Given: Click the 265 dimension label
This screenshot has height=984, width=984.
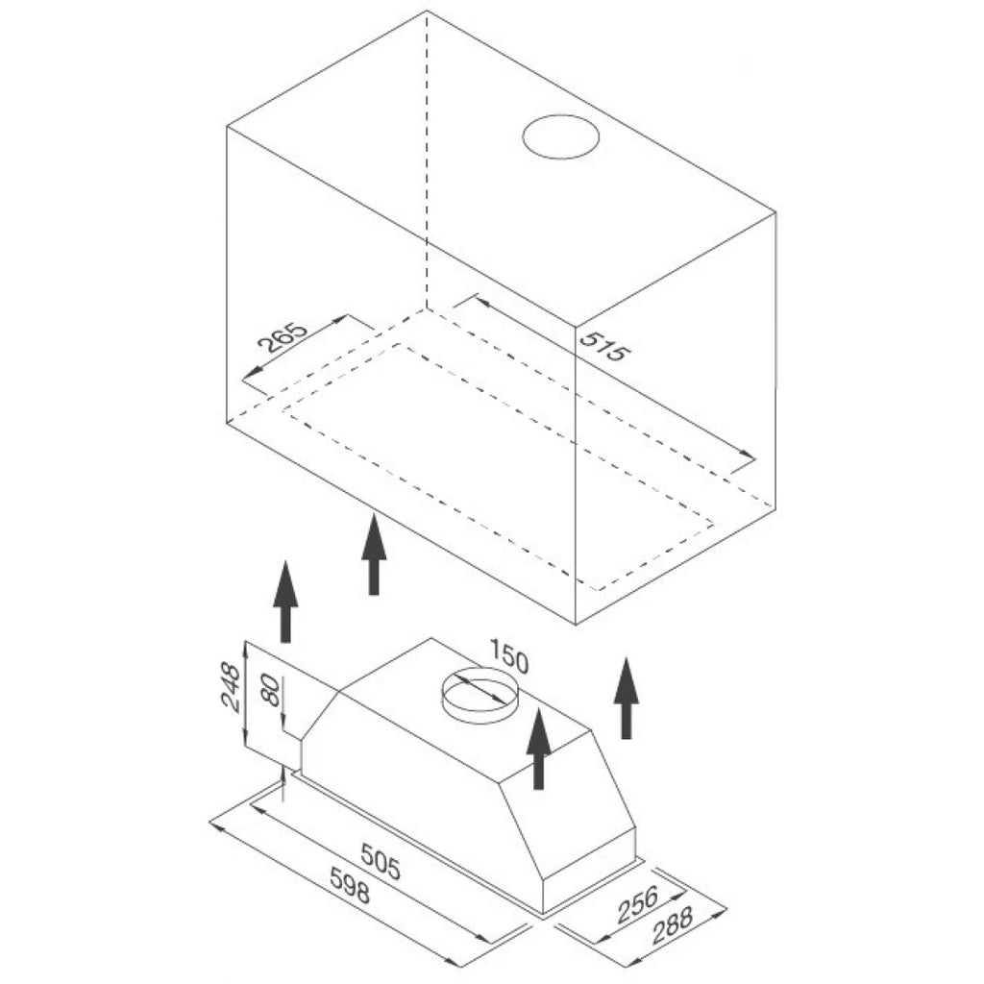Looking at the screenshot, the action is click(x=283, y=337).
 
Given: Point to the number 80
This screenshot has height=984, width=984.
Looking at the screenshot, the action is click(x=270, y=690).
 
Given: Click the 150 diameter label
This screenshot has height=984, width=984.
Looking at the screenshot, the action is click(x=508, y=654).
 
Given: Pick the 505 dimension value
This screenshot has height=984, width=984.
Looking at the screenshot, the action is click(x=381, y=861).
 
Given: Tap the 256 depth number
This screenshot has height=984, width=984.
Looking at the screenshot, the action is click(x=638, y=904).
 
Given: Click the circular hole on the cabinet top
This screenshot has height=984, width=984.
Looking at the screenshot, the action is click(x=560, y=136).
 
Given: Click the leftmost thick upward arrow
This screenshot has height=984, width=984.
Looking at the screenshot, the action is click(x=285, y=602).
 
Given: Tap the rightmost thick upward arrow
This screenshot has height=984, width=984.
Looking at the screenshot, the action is click(x=626, y=698).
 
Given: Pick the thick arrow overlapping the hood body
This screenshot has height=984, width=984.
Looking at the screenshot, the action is click(x=538, y=748).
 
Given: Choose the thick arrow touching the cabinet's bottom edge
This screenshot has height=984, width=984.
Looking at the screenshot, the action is click(x=374, y=554).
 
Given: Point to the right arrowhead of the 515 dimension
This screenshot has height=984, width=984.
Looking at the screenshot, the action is click(x=747, y=454).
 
